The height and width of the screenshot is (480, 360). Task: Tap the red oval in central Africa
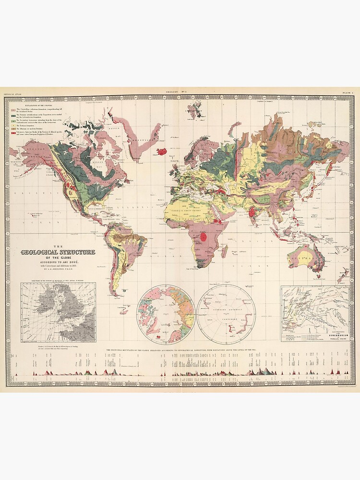click(204, 236)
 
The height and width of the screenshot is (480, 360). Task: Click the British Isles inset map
click(58, 312)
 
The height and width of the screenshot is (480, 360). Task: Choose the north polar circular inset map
click(166, 314)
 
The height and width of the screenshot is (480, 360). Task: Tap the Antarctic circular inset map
click(227, 314)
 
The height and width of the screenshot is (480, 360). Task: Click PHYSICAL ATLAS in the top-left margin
click(12, 92)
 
